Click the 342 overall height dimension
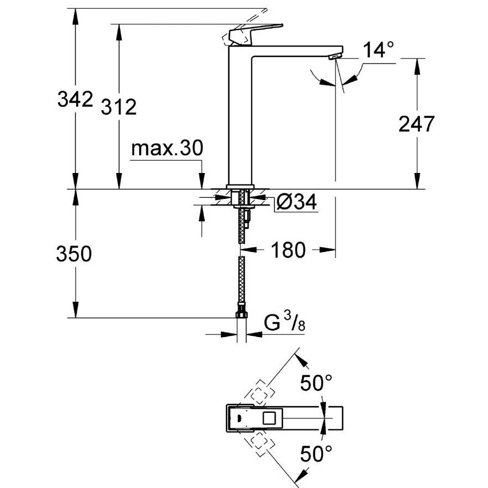pos(75,99)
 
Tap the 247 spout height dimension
pos(417,124)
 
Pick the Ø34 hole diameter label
pos(296,203)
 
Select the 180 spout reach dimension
pos(288,250)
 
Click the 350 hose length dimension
pos(74,254)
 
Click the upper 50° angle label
pos(316,382)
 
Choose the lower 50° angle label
pos(316,454)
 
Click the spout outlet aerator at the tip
pos(333,56)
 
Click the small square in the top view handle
pos(271,418)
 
